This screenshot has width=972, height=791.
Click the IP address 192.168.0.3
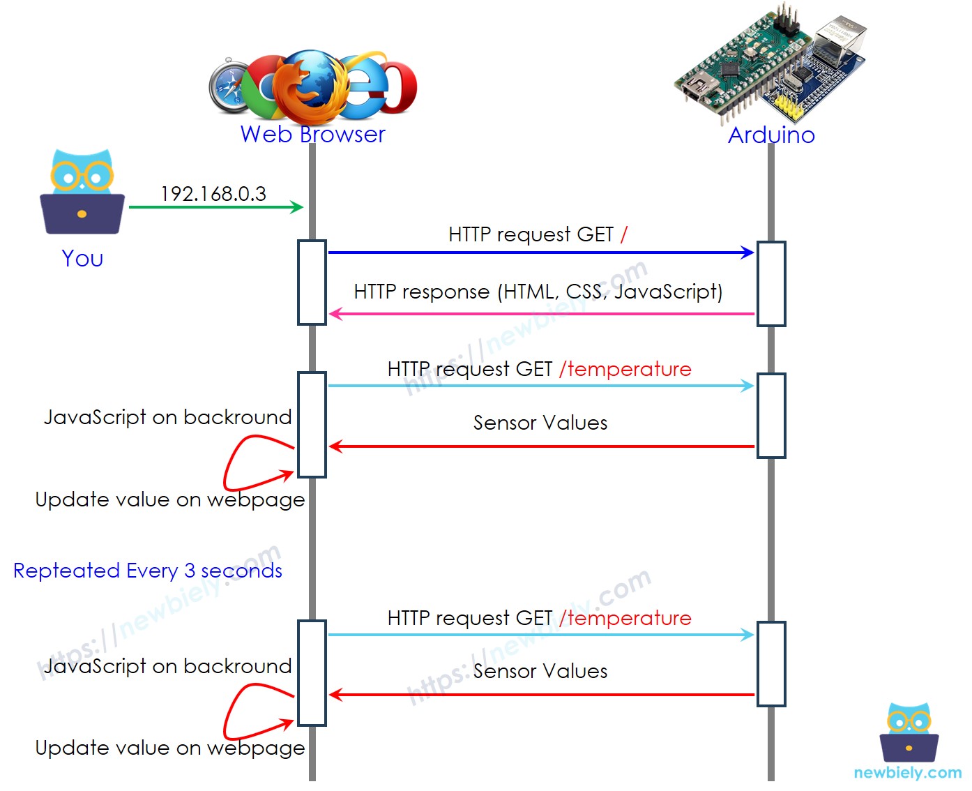(x=213, y=194)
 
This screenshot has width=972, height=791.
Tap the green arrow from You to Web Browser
(x=216, y=207)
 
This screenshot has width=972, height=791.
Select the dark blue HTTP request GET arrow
(x=541, y=253)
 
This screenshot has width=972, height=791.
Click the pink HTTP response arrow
(x=541, y=314)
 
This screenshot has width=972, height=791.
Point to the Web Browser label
(x=312, y=134)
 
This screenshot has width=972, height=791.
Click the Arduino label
(x=771, y=135)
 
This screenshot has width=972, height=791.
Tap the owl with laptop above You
(x=82, y=192)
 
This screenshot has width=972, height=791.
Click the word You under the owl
(x=82, y=259)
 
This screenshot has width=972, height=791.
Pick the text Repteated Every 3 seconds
(x=148, y=571)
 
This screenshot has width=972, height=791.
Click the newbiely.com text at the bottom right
(x=907, y=773)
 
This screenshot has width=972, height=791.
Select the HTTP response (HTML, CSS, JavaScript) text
(x=538, y=292)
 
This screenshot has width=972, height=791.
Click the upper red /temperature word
(x=626, y=369)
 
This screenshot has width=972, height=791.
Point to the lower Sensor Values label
(x=540, y=671)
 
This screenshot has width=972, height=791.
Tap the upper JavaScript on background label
(x=167, y=417)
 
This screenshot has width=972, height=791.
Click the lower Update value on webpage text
(x=170, y=748)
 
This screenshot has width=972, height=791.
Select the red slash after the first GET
(x=623, y=234)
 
